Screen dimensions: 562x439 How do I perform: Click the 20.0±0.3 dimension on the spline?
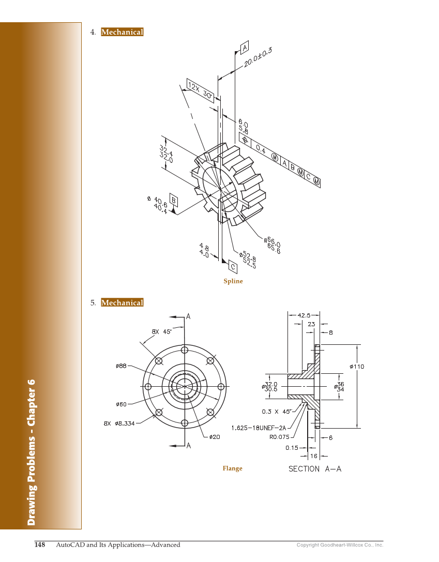click(258, 56)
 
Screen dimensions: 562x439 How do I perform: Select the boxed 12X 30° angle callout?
click(200, 90)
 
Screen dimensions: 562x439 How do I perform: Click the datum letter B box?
click(174, 200)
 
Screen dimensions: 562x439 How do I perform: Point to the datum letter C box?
click(233, 267)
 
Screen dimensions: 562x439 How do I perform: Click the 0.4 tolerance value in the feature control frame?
click(261, 150)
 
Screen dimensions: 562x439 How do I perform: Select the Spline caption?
click(233, 281)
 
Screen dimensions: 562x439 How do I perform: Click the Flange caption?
click(232, 468)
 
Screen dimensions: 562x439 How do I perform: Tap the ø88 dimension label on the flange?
click(122, 366)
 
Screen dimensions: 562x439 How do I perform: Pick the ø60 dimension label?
click(122, 404)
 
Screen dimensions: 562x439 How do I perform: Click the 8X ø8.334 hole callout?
click(119, 423)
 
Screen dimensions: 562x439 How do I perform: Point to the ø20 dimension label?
click(215, 437)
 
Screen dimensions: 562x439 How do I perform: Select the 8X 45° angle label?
click(161, 331)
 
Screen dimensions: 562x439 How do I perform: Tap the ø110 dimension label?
click(357, 367)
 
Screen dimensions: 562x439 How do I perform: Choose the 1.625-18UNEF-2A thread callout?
click(259, 428)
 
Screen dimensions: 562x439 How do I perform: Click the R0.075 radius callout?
click(280, 436)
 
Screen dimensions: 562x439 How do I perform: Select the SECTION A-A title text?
click(315, 469)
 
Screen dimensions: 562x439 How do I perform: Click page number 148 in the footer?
click(40, 544)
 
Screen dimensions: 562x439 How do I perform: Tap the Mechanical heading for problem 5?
click(122, 302)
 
